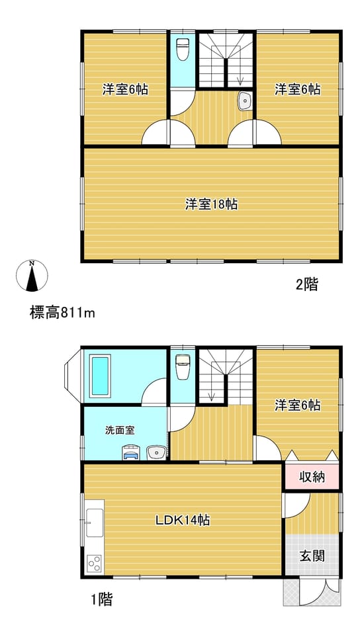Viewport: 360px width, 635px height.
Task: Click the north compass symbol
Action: click(32, 275)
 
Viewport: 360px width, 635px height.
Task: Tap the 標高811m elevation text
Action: click(62, 313)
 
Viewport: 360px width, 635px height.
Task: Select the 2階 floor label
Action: click(307, 284)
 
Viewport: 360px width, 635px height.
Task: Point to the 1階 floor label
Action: click(101, 599)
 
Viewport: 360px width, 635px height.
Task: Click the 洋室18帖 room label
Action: click(211, 204)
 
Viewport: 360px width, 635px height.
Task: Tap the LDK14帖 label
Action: click(183, 520)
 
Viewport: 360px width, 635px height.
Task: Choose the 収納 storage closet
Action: click(312, 477)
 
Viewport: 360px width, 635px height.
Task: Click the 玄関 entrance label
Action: click(312, 556)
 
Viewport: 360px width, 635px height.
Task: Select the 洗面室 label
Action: click(120, 430)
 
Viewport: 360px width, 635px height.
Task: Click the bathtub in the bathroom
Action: click(100, 376)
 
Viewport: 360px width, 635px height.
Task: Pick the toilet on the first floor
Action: click(183, 367)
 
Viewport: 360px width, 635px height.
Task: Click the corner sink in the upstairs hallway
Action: click(245, 101)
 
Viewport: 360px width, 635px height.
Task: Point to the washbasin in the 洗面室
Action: click(156, 452)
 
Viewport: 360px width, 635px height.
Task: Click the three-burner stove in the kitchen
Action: click(95, 564)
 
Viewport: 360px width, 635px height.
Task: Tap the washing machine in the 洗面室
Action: click(131, 452)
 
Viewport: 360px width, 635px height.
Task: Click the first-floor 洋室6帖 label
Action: click(298, 405)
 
